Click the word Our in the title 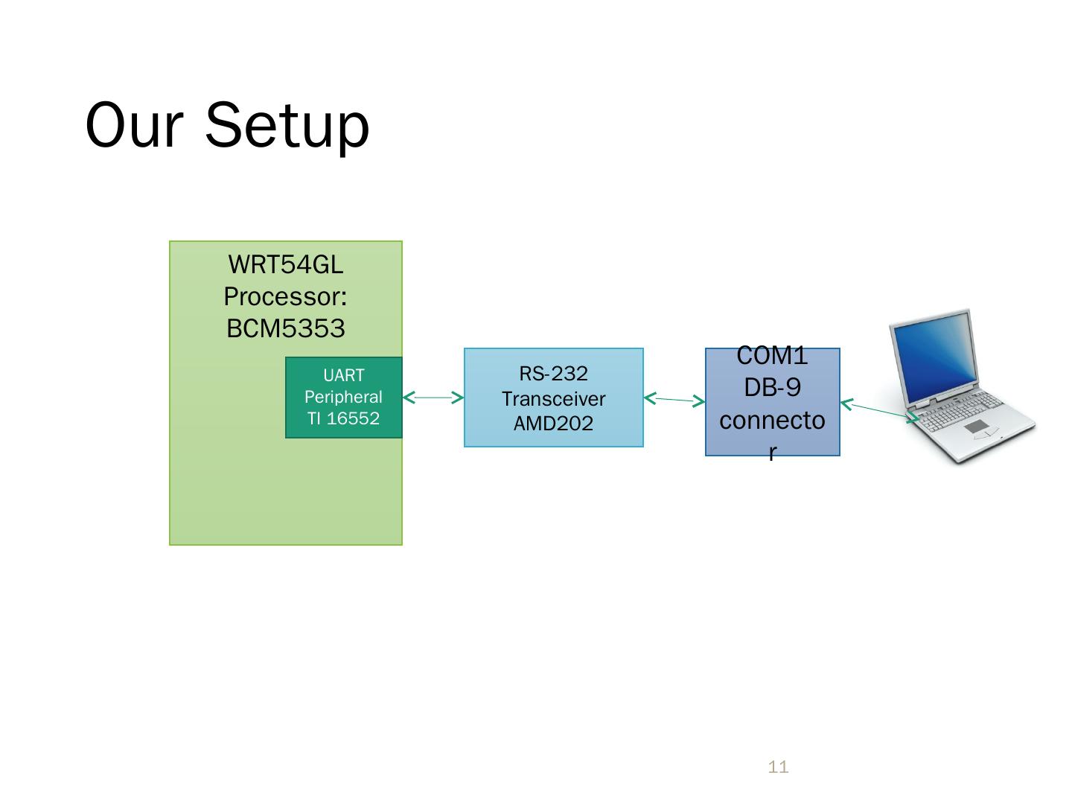pos(134,125)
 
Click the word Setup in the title pos(287,125)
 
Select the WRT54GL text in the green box pos(286,264)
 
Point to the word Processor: pos(286,297)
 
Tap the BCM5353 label pos(286,328)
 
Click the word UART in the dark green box pos(344,376)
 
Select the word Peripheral pos(344,397)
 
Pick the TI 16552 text pos(344,418)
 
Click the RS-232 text pos(554,374)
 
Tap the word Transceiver pos(554,399)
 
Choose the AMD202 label pos(554,424)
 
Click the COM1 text pos(773,357)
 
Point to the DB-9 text pos(773,388)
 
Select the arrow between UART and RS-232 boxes pos(433,398)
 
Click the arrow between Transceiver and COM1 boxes pos(674,401)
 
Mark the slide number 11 pos(778,767)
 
